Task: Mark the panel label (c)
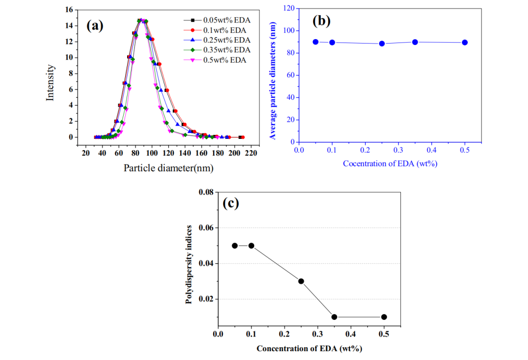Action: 231,203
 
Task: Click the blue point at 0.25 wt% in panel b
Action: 382,44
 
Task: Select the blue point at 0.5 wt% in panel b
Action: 465,43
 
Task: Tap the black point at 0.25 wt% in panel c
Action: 301,281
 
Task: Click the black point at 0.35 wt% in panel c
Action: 334,317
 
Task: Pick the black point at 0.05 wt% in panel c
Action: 235,246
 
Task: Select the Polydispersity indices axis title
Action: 189,265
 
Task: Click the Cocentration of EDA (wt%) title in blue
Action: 390,163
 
